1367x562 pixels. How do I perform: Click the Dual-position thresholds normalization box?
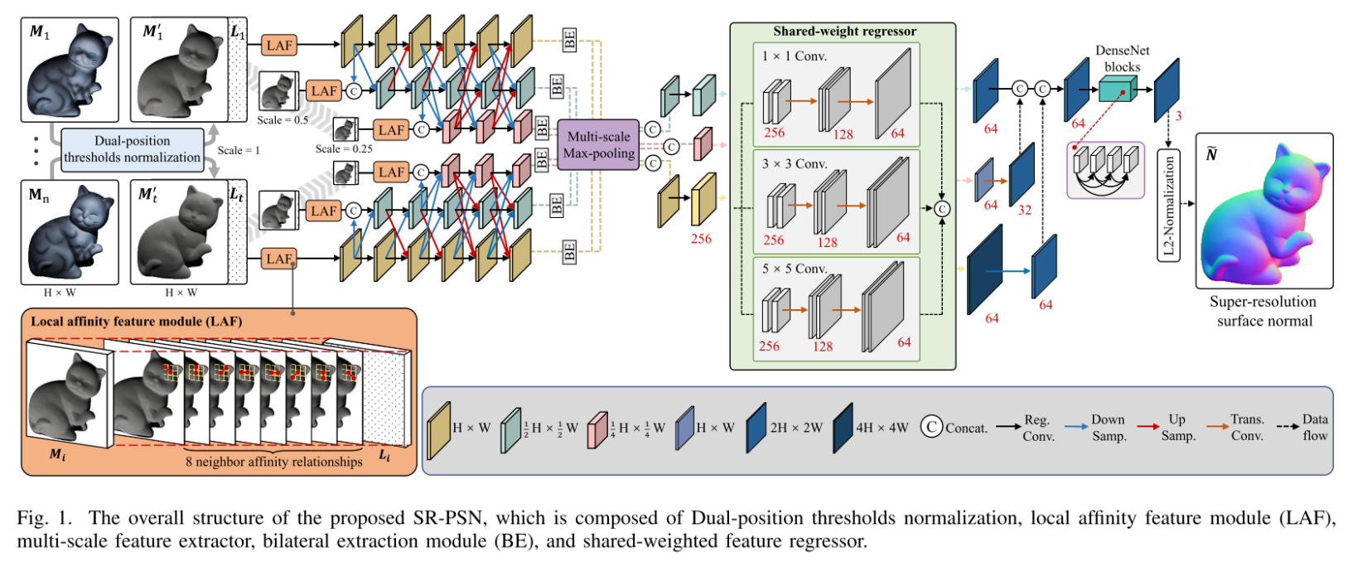[133, 149]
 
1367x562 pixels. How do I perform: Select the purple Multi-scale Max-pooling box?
[598, 145]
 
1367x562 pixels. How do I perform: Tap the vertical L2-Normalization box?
[1168, 206]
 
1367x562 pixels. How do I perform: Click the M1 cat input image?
[70, 70]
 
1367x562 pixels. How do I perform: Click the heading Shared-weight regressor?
[844, 31]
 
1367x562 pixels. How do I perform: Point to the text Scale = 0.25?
[344, 149]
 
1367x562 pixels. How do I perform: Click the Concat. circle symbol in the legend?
[931, 427]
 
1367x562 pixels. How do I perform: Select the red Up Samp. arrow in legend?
[1147, 427]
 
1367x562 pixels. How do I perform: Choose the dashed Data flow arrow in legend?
[1288, 427]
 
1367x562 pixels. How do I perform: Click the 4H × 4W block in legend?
[843, 427]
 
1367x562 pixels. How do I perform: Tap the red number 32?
[1025, 211]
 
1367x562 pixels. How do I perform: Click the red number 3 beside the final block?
[1178, 116]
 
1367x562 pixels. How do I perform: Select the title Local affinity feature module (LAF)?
[137, 322]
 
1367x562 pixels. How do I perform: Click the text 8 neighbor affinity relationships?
[273, 462]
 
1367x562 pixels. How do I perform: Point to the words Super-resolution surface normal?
[1263, 311]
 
